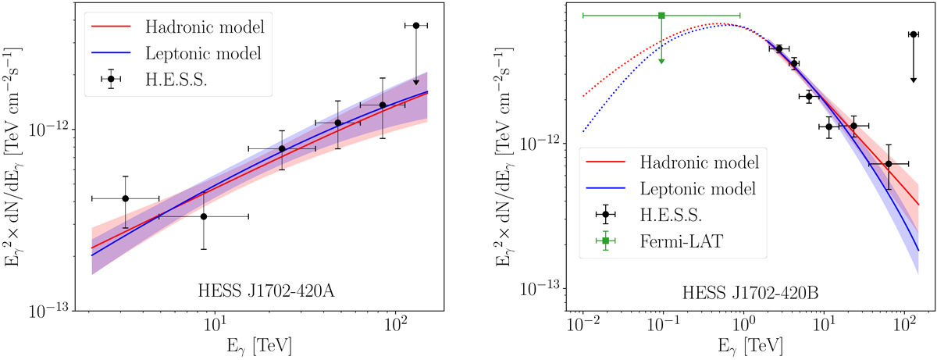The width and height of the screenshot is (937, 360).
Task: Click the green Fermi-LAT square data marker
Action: coord(661,16)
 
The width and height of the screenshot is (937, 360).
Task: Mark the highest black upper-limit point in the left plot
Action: coord(416,26)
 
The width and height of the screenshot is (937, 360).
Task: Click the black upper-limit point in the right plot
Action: coord(912,34)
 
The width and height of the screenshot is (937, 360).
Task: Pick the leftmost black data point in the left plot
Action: coord(125,198)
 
